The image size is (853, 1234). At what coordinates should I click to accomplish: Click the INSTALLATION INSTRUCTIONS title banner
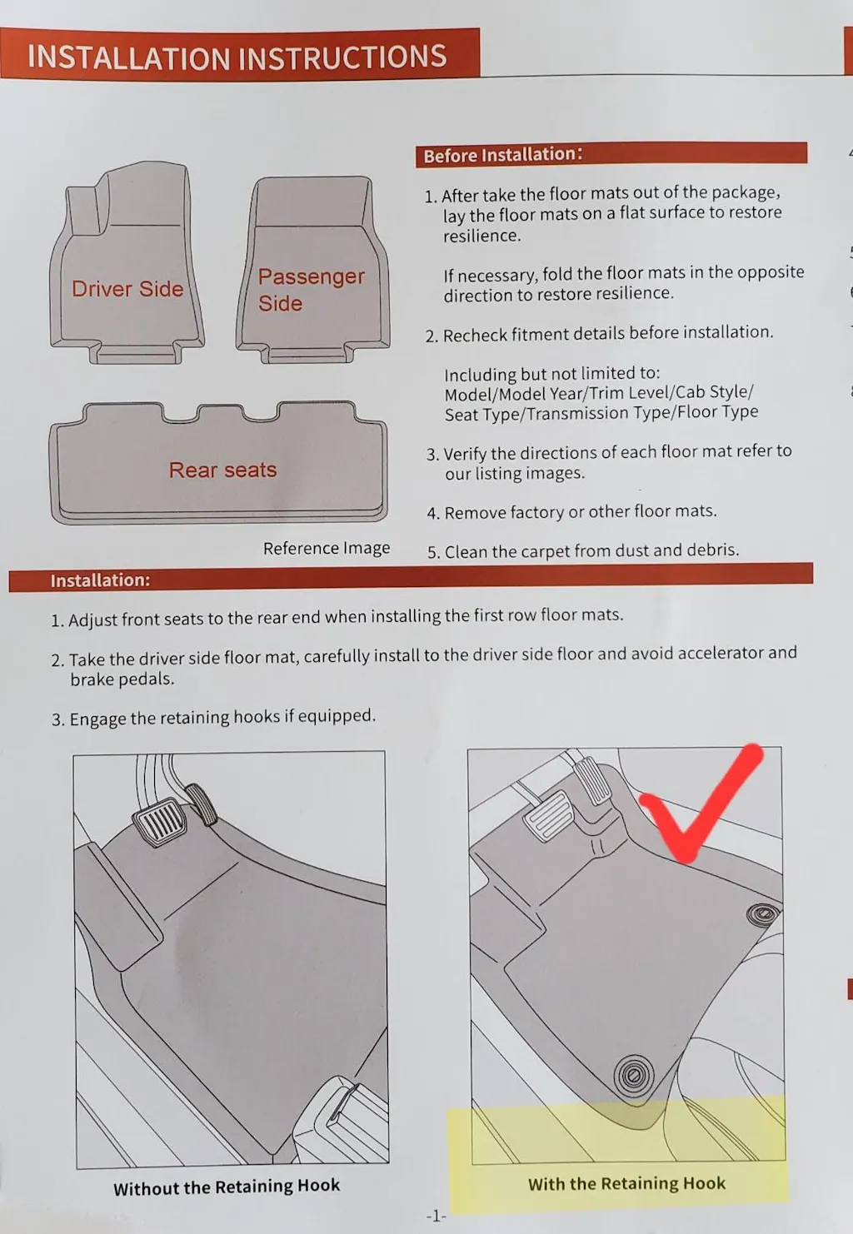pos(240,54)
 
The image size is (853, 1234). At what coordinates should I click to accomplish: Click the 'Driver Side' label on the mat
pos(127,289)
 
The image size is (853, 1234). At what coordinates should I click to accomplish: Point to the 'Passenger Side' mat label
pos(312,289)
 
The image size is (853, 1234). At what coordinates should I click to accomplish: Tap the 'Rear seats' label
pos(222,470)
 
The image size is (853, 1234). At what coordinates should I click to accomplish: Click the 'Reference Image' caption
pos(327,548)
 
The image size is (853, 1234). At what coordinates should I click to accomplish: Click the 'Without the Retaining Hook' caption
pos(227,1186)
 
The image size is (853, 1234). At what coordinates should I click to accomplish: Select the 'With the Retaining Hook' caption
pos(626,1183)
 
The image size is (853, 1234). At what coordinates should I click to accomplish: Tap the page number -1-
pos(436,1216)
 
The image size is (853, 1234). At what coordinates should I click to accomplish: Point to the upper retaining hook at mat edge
pos(763,916)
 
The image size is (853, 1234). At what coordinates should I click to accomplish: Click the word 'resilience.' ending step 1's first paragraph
pos(481,236)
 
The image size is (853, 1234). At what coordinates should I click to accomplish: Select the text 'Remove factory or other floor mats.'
pos(581,512)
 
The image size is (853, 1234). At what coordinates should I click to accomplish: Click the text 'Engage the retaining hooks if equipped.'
pos(222,717)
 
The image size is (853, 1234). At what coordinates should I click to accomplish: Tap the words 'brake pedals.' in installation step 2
pos(122,679)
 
